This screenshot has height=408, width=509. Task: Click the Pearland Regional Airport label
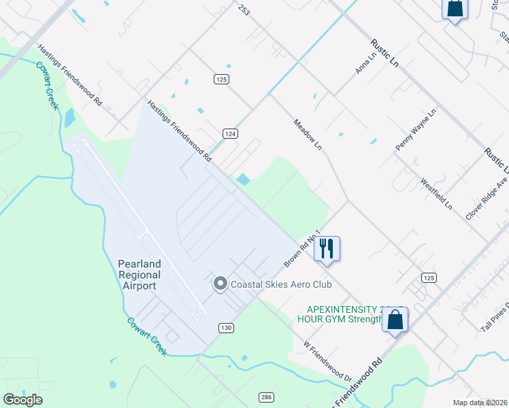point(139,275)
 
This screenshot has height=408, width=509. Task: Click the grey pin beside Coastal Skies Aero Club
point(220,284)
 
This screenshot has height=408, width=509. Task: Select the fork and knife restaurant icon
point(327,248)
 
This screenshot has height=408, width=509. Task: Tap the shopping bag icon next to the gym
point(395,320)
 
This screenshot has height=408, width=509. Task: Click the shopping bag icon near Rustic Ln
point(455,9)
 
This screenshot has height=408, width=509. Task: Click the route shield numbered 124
point(231,134)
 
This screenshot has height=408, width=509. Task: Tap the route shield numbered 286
point(266,397)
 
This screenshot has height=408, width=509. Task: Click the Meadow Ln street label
point(307,135)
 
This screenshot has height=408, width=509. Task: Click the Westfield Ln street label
point(436,194)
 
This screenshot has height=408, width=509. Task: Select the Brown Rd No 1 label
point(302,247)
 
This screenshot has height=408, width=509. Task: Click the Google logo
point(22,400)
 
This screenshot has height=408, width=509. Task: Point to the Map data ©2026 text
point(480,403)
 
